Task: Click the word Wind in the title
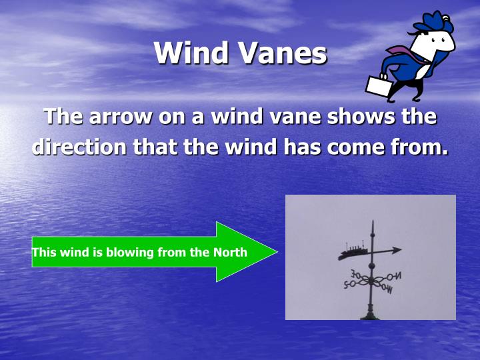click(195, 53)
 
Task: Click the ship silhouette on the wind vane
click(353, 251)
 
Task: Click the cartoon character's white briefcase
click(377, 85)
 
